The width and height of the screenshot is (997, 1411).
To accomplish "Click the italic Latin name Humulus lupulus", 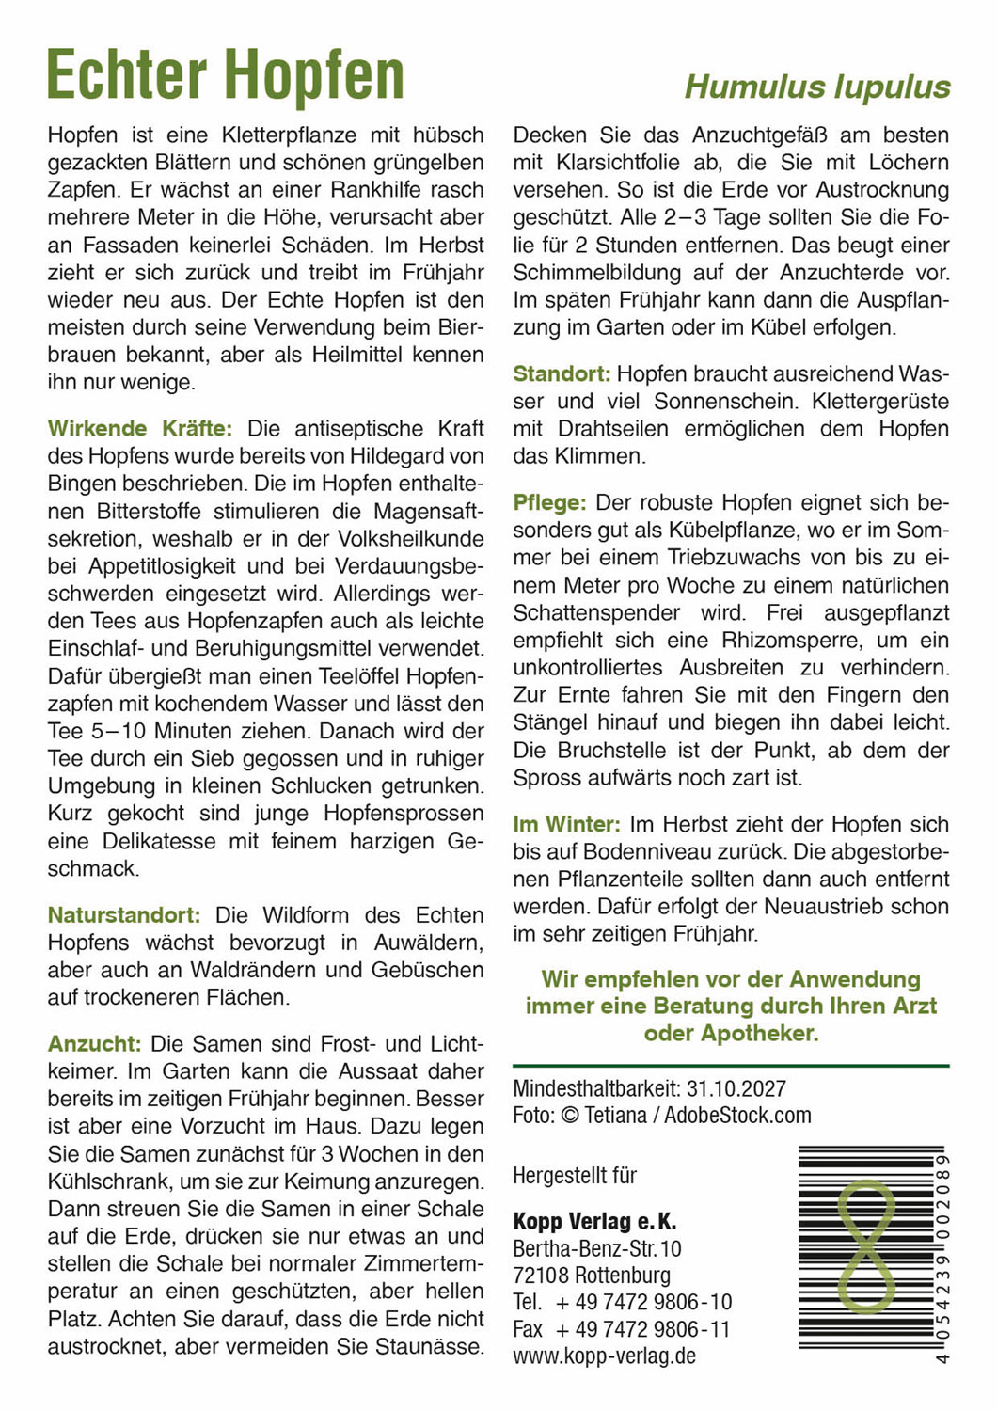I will (x=816, y=87).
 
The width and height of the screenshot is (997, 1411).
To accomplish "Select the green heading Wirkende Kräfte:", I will (x=139, y=429).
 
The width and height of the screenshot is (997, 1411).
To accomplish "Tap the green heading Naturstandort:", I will (x=124, y=915).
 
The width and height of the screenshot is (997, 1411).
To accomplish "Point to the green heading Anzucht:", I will (x=94, y=1043).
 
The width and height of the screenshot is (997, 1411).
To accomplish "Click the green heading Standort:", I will (x=562, y=374).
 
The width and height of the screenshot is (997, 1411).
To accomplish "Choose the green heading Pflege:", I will (x=549, y=503).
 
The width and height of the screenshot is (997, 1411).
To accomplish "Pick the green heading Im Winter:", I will (x=566, y=825).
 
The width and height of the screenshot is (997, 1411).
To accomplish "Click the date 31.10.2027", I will (x=736, y=1089).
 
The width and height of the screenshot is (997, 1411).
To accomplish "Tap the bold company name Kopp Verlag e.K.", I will (x=594, y=1222).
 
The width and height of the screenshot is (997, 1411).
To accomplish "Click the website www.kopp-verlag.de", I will (x=604, y=1356).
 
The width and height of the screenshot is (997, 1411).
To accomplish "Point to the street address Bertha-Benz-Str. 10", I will (x=597, y=1249).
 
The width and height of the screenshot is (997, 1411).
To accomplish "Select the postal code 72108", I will (x=541, y=1276).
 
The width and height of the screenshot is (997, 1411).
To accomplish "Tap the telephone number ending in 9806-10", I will (x=643, y=1303).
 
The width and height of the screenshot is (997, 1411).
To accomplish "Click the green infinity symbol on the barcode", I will (x=865, y=1247).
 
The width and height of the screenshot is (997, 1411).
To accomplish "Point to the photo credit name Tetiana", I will (x=615, y=1116).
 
